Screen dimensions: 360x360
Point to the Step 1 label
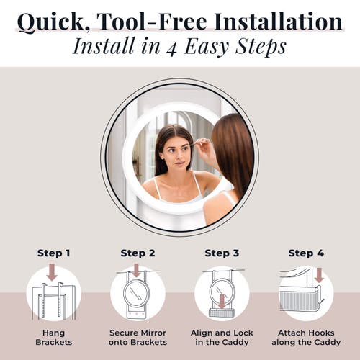tap(54, 253)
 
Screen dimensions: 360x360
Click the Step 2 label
tap(138, 253)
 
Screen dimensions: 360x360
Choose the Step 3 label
tap(222, 253)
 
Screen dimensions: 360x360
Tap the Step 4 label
tap(305, 253)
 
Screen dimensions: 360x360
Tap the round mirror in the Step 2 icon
tap(137, 293)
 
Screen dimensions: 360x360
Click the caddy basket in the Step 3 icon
tap(221, 312)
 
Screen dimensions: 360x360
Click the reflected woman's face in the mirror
tap(174, 153)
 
